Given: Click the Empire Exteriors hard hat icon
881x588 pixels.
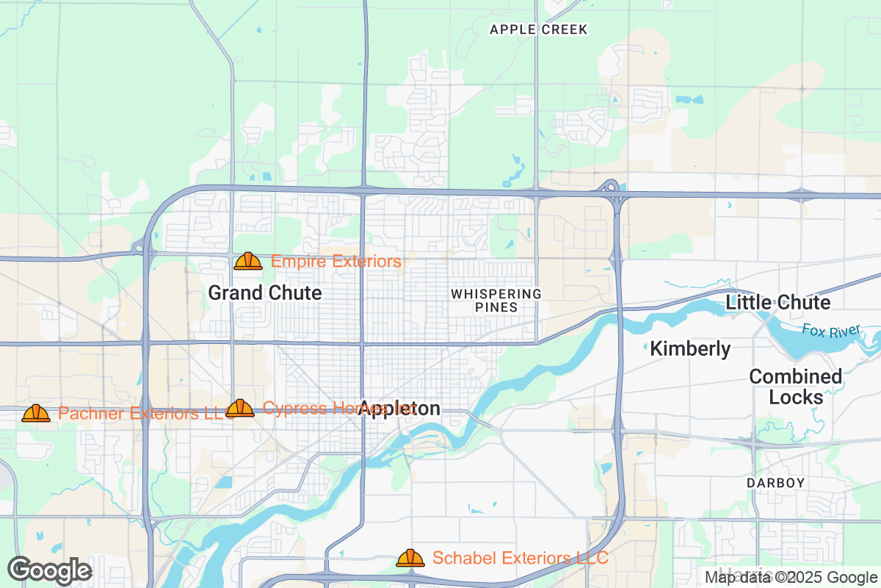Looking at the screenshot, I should click(248, 261).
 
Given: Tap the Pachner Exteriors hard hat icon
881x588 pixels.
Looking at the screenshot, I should click(36, 413).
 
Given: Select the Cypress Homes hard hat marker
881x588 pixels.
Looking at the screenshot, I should click(240, 409).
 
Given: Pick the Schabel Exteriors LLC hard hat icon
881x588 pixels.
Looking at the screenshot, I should click(410, 558).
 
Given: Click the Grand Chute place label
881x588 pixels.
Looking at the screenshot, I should click(265, 293).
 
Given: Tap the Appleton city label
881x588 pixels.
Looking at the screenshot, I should click(400, 409).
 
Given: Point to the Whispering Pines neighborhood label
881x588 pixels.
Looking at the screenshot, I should click(496, 301).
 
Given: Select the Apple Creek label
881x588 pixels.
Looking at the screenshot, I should click(539, 29).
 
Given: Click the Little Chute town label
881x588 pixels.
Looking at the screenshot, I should click(778, 302).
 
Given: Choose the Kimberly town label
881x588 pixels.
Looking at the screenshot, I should click(690, 348).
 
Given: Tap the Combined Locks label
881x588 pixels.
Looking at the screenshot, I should click(796, 387).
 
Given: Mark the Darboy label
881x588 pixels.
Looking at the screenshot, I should click(776, 483).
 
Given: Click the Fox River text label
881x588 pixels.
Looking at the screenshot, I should click(830, 331).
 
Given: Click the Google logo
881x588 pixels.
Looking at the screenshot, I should click(50, 570).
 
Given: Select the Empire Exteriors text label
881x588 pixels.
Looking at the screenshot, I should click(336, 261).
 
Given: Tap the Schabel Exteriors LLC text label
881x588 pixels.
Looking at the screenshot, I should click(520, 558).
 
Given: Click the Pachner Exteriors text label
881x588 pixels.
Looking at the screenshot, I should click(139, 413).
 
